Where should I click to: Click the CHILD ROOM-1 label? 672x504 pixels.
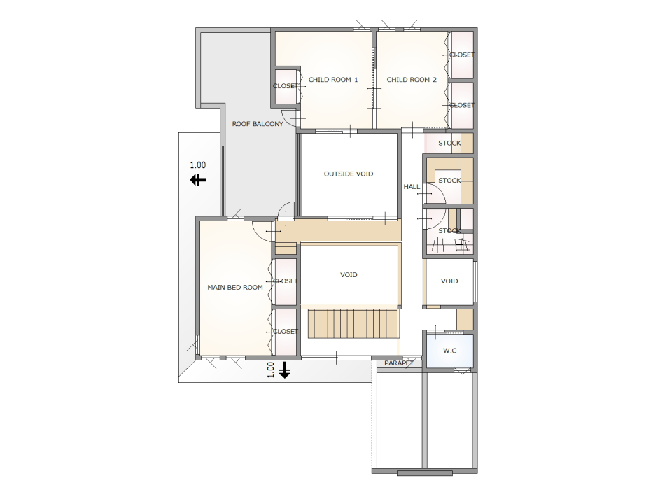[x=333, y=80]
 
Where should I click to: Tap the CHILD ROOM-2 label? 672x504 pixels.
[x=412, y=80]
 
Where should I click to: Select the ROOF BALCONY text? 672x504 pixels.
[x=258, y=124]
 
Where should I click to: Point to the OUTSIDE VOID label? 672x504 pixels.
[x=349, y=174]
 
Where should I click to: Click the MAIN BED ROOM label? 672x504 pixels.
[x=235, y=288]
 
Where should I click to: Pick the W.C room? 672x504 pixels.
[x=449, y=351]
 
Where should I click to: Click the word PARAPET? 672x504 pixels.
[x=399, y=363]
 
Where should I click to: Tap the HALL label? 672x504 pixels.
[x=412, y=187]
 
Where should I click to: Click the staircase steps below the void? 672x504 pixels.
[x=353, y=323]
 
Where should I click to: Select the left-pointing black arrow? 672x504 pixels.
[x=198, y=180]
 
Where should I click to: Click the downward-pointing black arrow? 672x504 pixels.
[x=285, y=370]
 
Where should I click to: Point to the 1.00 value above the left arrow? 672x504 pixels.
[x=198, y=165]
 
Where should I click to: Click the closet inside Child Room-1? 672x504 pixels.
[x=286, y=86]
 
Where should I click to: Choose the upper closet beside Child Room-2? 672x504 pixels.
[x=462, y=55]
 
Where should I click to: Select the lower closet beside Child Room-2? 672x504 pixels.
[x=462, y=105]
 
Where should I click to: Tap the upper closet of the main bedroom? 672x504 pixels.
[x=286, y=281]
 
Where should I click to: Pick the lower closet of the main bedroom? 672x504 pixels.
[x=286, y=332]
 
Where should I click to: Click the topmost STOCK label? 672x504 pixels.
[x=449, y=143]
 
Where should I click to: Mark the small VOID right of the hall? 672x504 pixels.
[x=449, y=281]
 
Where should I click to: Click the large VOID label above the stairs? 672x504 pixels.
[x=349, y=275]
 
